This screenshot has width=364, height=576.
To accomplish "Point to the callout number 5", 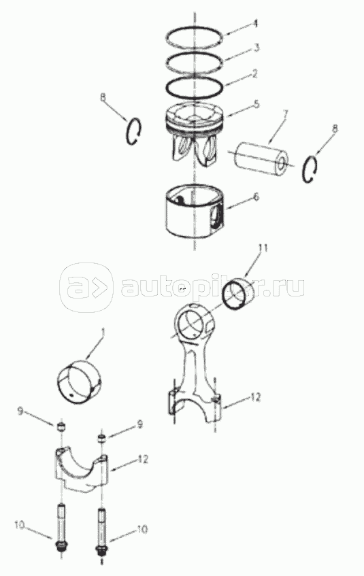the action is click(257, 103).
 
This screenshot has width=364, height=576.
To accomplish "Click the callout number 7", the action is click(284, 113).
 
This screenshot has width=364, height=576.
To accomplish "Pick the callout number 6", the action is click(256, 197).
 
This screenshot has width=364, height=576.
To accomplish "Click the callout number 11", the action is click(263, 249).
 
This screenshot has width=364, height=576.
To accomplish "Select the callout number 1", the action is click(103, 333).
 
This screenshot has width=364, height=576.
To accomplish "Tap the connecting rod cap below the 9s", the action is click(83, 470).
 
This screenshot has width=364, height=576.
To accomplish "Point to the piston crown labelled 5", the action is click(195, 134).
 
